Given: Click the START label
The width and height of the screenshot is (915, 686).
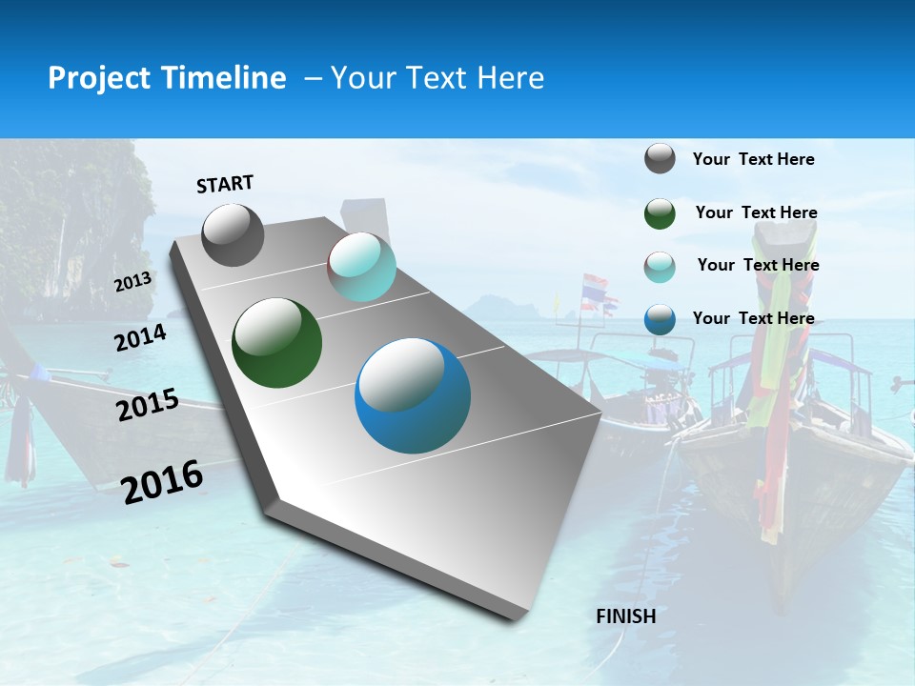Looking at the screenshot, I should (225, 183).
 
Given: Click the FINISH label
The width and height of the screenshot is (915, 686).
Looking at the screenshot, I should (625, 616).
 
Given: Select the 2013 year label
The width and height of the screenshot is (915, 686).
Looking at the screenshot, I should (132, 281).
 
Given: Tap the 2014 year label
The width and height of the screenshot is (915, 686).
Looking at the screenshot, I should (140, 337).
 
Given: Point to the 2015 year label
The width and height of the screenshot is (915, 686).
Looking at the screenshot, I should (147, 405).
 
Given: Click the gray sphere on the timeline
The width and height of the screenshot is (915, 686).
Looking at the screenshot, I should (233, 235).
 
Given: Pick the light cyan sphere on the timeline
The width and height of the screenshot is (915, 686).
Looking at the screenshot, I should (361, 268).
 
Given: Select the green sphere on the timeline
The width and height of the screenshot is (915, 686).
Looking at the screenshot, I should (276, 343).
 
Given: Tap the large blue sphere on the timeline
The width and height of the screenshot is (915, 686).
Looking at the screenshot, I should (413, 395).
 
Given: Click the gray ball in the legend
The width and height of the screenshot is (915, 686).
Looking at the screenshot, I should (660, 159).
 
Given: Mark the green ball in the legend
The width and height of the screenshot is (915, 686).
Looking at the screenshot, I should (660, 213).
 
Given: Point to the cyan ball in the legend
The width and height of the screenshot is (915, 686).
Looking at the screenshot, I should (660, 267).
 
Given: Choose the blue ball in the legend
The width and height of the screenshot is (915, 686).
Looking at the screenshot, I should (660, 319).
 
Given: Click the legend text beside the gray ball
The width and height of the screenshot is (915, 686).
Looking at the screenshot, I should (753, 159).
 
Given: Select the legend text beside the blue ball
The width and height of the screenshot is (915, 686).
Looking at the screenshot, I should (753, 318).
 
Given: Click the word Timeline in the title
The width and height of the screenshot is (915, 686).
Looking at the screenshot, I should (224, 78).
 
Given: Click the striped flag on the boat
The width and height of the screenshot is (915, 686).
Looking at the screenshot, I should (595, 287).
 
